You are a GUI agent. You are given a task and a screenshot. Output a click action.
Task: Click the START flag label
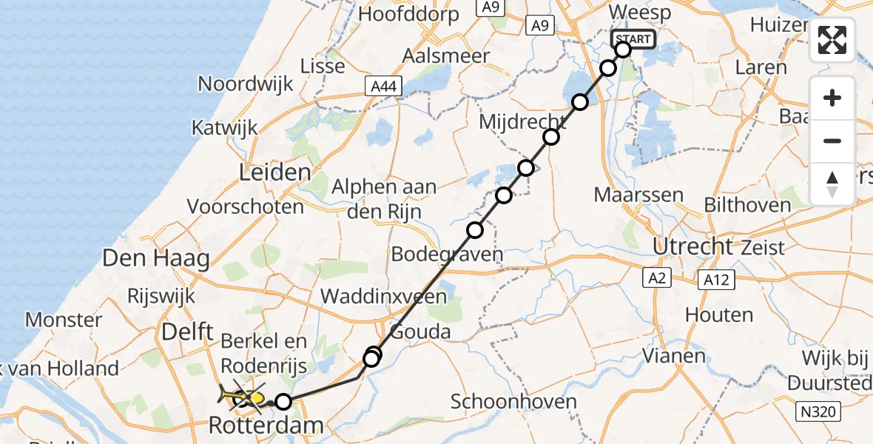[x=633, y=39]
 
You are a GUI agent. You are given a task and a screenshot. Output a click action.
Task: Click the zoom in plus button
[x=832, y=98]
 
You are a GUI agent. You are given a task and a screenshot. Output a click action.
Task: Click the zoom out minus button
[x=832, y=141]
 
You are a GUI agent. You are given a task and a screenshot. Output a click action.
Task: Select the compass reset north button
[x=832, y=184]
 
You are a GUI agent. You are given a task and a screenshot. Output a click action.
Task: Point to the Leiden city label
[x=274, y=173]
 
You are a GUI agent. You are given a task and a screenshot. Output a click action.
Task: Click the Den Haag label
[x=156, y=258]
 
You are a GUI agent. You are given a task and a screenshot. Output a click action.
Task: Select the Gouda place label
[x=420, y=331]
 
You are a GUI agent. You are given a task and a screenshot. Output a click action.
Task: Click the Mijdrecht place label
[x=522, y=121]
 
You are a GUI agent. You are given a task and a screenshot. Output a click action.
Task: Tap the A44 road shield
[x=384, y=87]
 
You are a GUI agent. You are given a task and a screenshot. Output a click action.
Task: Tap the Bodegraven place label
[x=447, y=255]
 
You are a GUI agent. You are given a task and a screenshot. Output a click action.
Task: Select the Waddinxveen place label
[x=383, y=297]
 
